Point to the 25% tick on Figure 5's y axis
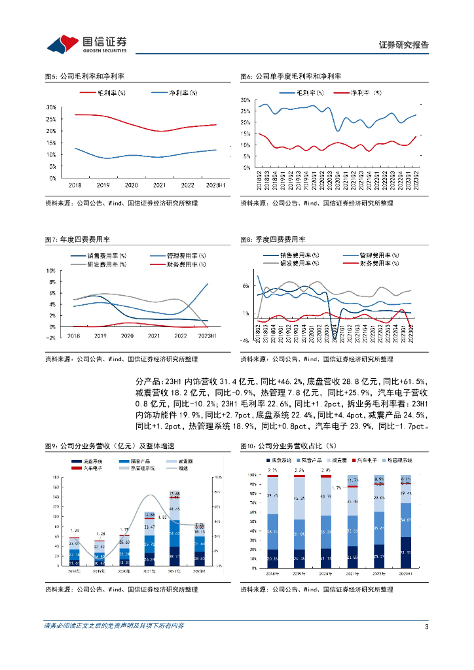51,119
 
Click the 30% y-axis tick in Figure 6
246,100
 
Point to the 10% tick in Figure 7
50,271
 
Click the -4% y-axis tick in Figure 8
244,340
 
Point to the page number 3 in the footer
426,626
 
